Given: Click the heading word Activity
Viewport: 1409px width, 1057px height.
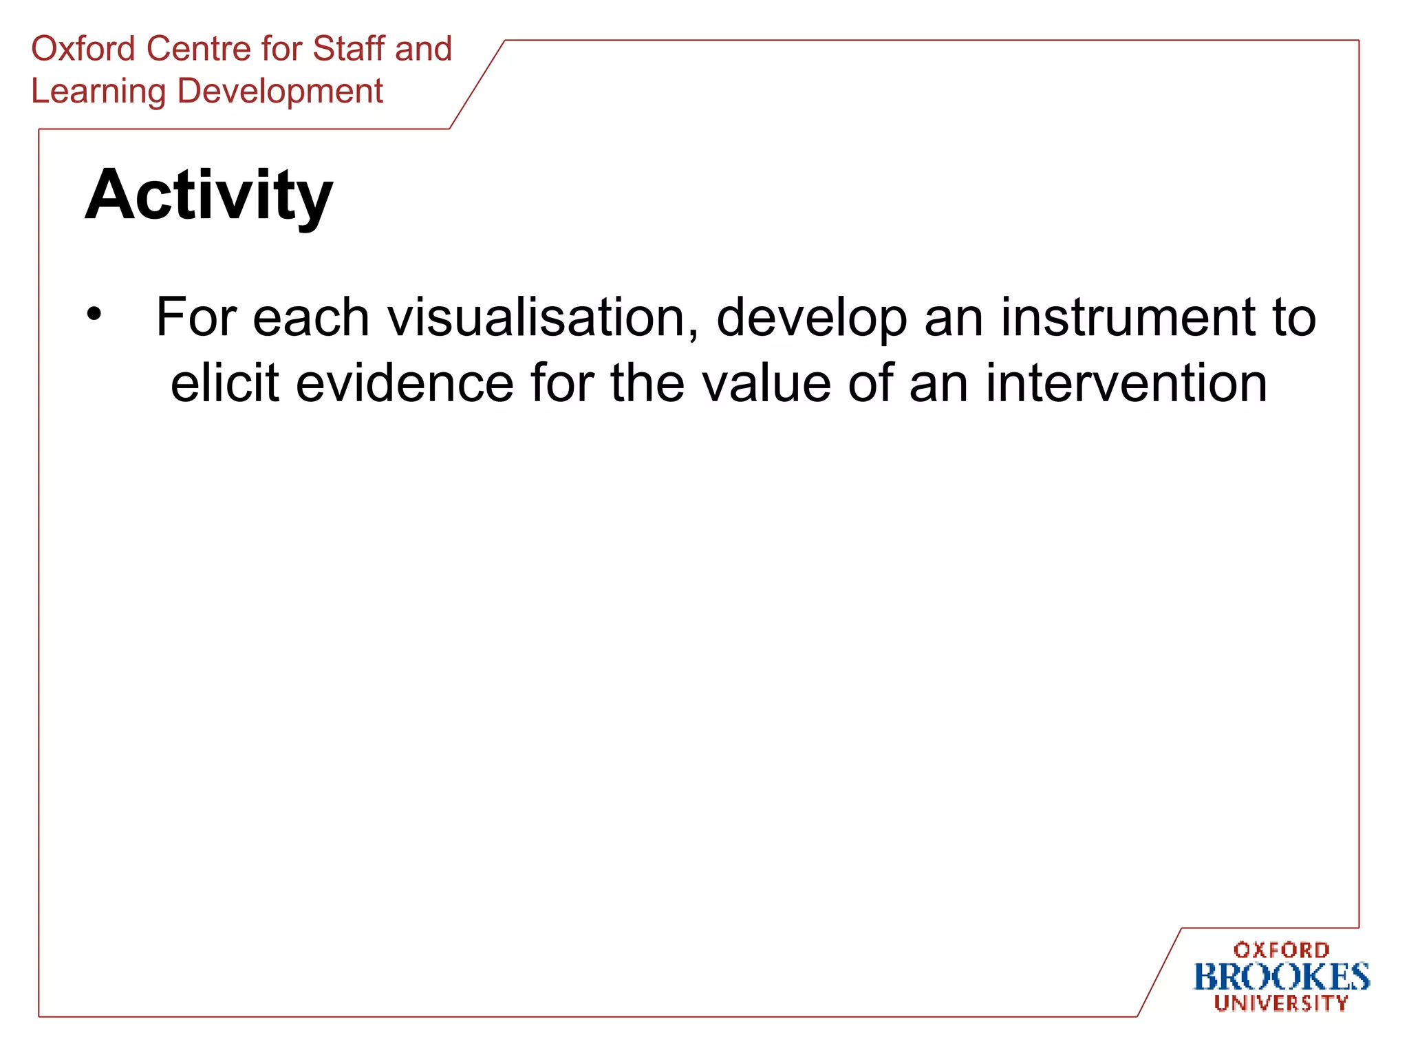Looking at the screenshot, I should pyautogui.click(x=208, y=196).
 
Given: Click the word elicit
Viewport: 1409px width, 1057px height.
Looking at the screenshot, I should pyautogui.click(x=225, y=383).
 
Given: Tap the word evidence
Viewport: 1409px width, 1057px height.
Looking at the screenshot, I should pyautogui.click(x=405, y=383).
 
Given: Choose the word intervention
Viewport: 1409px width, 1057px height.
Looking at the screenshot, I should pyautogui.click(x=1126, y=383).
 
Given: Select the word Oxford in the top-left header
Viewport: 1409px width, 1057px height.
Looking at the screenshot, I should pyautogui.click(x=83, y=49).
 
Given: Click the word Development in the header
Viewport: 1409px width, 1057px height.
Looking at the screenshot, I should pyautogui.click(x=280, y=92).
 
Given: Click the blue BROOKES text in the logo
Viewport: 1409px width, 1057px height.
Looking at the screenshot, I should pyautogui.click(x=1281, y=977).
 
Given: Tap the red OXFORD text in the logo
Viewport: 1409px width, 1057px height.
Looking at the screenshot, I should pyautogui.click(x=1281, y=950).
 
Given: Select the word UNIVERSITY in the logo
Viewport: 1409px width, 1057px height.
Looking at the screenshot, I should pyautogui.click(x=1281, y=1003).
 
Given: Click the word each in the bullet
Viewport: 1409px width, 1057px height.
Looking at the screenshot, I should pyautogui.click(x=311, y=318).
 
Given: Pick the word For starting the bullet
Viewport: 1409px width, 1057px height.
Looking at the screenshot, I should pyautogui.click(x=195, y=318).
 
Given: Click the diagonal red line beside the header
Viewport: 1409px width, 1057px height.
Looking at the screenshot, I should pyautogui.click(x=477, y=85).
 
